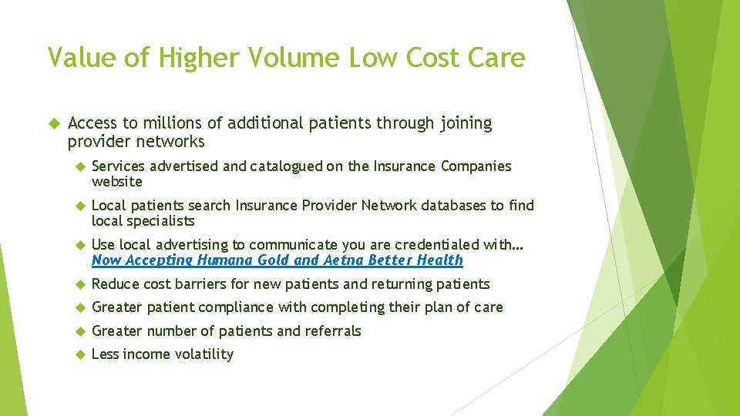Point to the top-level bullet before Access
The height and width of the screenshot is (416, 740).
tap(53, 123)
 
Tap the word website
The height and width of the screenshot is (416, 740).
tap(117, 182)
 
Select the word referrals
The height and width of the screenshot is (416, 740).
tap(333, 331)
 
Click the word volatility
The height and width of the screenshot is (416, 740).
tap(204, 354)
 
